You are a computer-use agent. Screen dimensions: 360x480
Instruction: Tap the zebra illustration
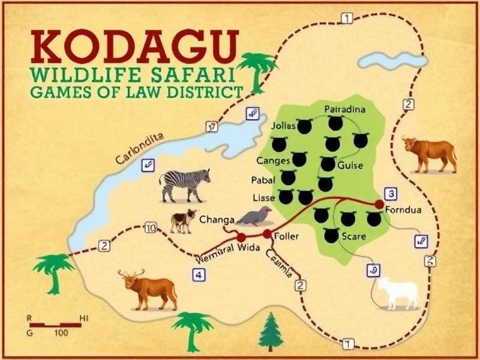click(185, 184)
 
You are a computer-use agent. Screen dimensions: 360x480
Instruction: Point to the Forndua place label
click(403, 211)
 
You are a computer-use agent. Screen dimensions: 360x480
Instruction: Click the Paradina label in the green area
click(344, 109)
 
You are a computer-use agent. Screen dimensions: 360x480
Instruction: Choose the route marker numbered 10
click(151, 227)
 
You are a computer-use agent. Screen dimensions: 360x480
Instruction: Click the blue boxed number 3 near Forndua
click(391, 193)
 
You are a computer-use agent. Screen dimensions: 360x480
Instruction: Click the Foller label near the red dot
click(286, 236)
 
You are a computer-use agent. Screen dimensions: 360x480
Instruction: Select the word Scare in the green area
click(353, 236)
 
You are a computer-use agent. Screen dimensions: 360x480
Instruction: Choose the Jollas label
click(284, 127)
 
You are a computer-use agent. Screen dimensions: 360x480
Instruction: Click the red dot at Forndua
click(379, 205)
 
